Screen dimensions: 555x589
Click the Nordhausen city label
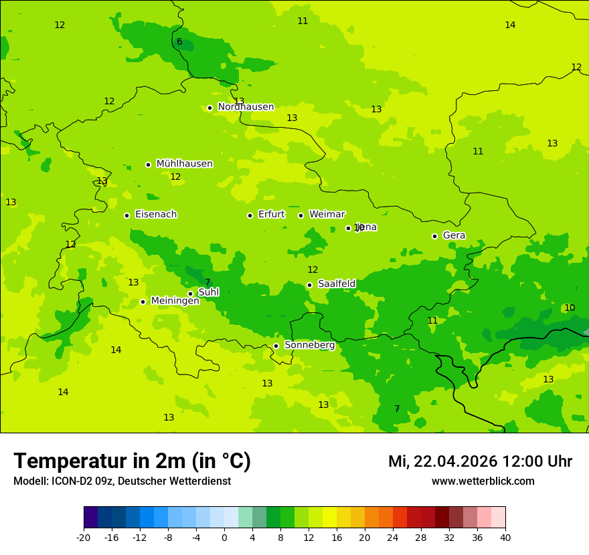(246, 107)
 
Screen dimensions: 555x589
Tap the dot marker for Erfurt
(250, 215)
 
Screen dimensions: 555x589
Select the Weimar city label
(327, 215)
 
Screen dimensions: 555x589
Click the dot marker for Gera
(434, 236)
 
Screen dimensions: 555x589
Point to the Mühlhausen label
(184, 164)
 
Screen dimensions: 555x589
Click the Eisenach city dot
(127, 215)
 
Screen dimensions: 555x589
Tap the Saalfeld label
(336, 284)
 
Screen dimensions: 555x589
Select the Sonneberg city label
(309, 345)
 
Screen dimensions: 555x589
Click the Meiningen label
(175, 301)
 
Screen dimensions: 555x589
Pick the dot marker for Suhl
(190, 294)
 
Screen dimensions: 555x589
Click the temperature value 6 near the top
(179, 42)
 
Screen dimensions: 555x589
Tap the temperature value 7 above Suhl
(207, 283)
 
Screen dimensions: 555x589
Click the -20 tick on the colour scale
(84, 538)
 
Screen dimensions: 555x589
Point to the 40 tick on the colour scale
(505, 538)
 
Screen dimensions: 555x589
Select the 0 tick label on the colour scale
(224, 538)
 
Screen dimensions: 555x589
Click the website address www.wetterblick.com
(483, 481)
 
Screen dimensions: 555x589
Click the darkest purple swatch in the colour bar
(91, 518)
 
